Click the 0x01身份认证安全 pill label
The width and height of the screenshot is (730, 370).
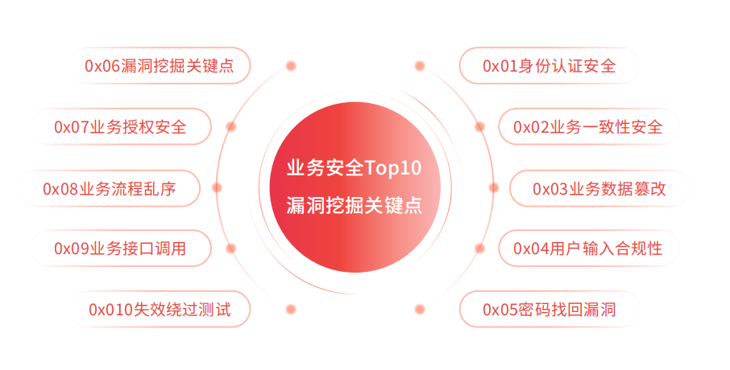point(549,66)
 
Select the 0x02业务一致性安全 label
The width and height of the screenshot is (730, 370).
point(587,127)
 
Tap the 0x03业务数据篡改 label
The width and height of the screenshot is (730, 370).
point(599,189)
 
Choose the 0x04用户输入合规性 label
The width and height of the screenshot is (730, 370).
point(587,249)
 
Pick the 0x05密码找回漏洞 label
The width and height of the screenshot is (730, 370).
point(549,309)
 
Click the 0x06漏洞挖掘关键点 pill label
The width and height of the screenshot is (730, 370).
point(160,66)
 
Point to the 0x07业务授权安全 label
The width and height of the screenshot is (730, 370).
point(120,127)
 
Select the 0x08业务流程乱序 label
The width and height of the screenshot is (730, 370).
point(110,189)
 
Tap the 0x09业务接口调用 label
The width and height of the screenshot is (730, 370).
point(120,249)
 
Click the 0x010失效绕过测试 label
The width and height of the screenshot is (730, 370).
point(160,309)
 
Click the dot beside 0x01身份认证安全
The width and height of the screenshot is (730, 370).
point(420,66)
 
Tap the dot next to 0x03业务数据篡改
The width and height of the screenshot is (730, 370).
point(493,187)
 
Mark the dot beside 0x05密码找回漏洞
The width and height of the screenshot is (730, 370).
point(420,309)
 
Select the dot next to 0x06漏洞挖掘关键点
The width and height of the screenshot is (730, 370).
point(291,66)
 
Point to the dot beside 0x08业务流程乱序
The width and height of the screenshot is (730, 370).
point(217,187)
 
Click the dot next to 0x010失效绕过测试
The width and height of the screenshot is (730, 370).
point(291,309)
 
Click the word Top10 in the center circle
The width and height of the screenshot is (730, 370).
point(393,168)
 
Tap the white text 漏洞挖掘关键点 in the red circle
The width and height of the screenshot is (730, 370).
point(355,205)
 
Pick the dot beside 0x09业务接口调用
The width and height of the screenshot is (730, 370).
point(231,249)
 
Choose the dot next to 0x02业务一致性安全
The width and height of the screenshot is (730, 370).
point(479,127)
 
